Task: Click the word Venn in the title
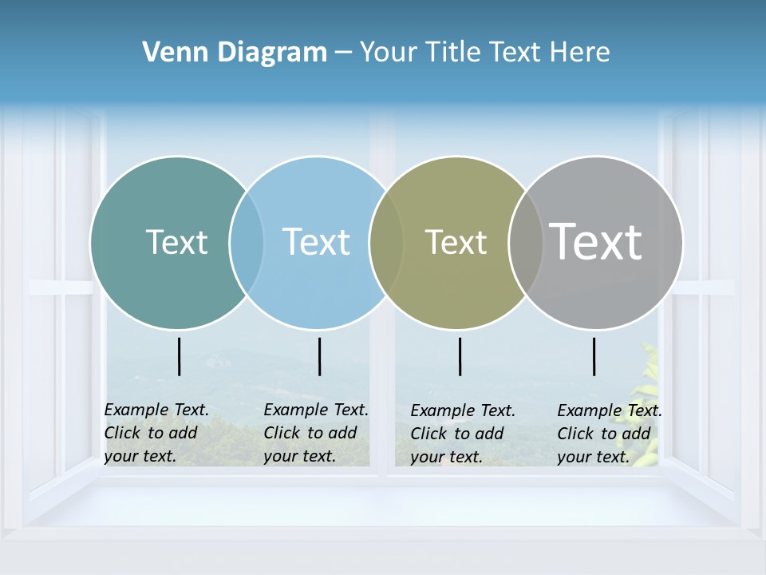point(168,53)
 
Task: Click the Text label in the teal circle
point(176,242)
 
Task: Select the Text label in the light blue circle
point(317,242)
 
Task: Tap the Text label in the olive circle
point(456,243)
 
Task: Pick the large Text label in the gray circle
point(596,241)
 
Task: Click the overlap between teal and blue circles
point(247,242)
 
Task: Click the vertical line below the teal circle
point(180,356)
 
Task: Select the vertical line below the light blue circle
point(319,356)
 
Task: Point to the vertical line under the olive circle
point(460,356)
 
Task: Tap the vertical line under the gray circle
point(594,356)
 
